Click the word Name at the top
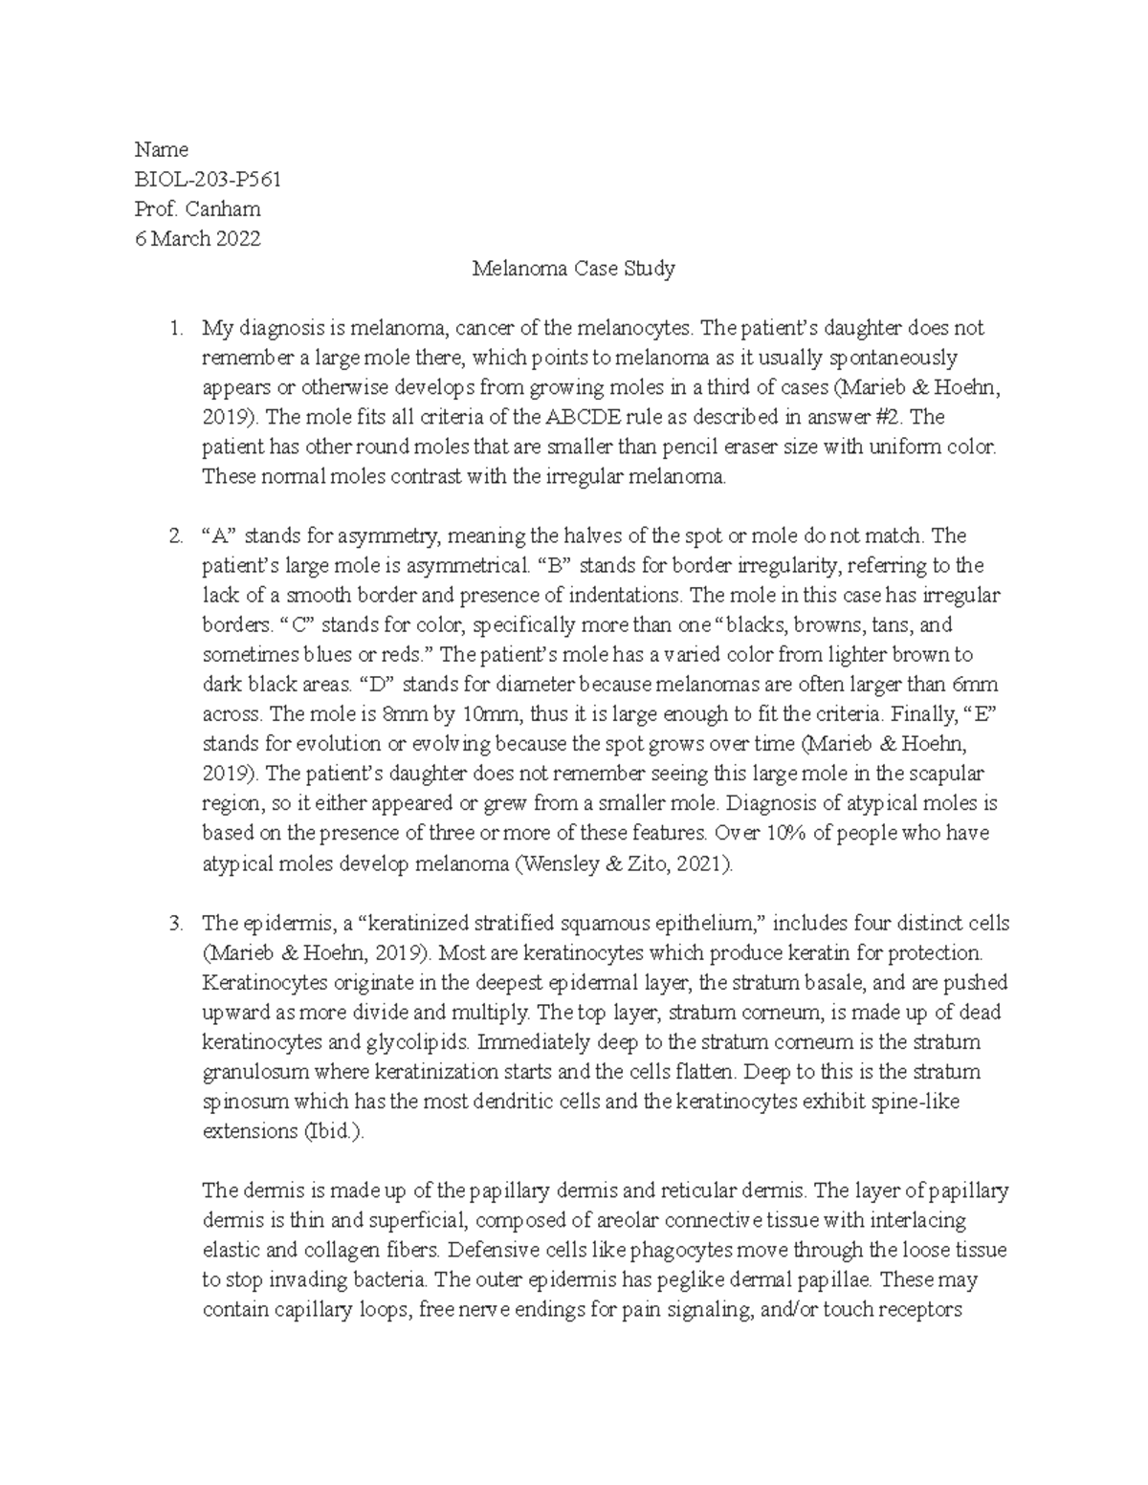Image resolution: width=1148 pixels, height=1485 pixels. click(161, 149)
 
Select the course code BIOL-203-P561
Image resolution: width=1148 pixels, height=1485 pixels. click(208, 179)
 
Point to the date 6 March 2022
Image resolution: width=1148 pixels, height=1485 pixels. click(197, 239)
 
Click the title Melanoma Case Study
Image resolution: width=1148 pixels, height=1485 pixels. click(574, 269)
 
